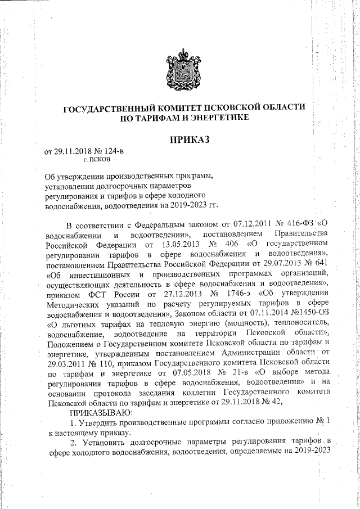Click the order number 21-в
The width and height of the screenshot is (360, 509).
pyautogui.click(x=243, y=385)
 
